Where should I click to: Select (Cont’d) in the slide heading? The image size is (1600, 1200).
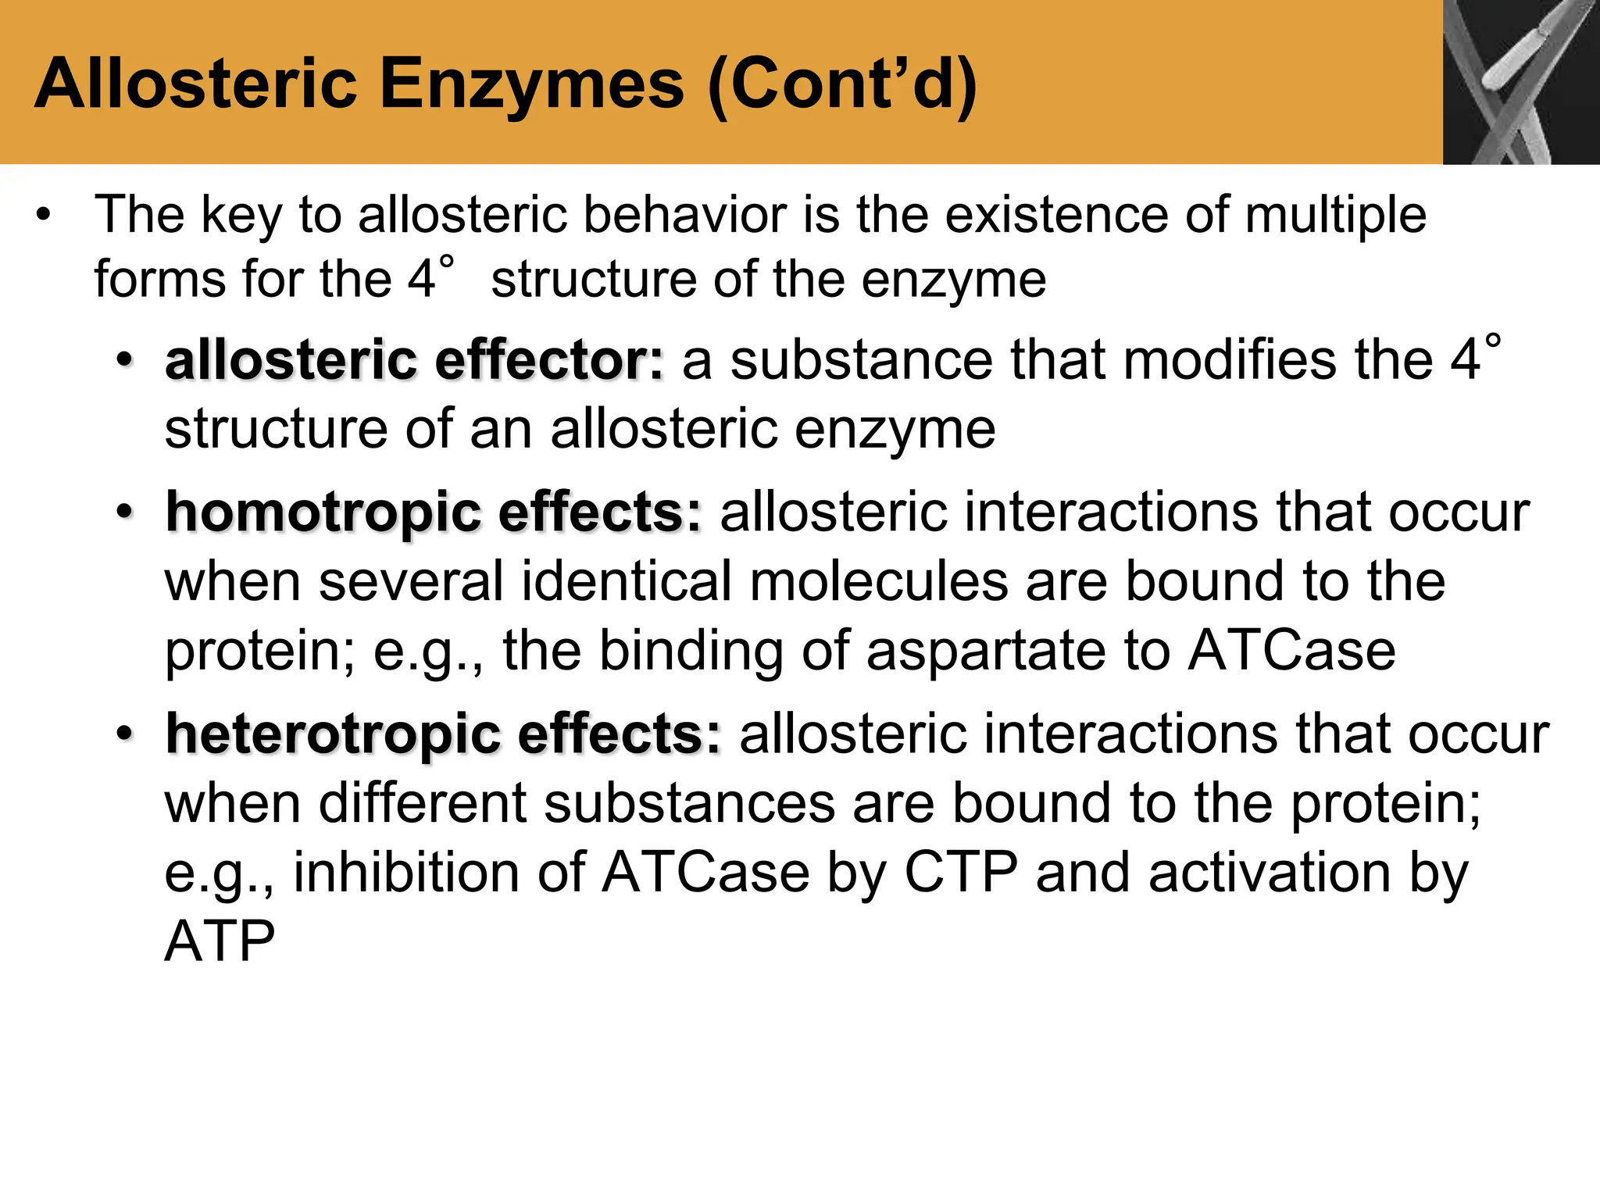point(842,86)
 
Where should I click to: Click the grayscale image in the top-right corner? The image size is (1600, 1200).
point(1520,82)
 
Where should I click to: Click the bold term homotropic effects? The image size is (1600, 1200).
point(434,512)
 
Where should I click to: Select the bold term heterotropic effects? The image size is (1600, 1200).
point(444,734)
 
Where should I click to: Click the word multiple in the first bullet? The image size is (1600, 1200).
point(1335,216)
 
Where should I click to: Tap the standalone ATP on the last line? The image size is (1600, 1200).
point(220,941)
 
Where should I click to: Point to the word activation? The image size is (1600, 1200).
point(1270,872)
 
